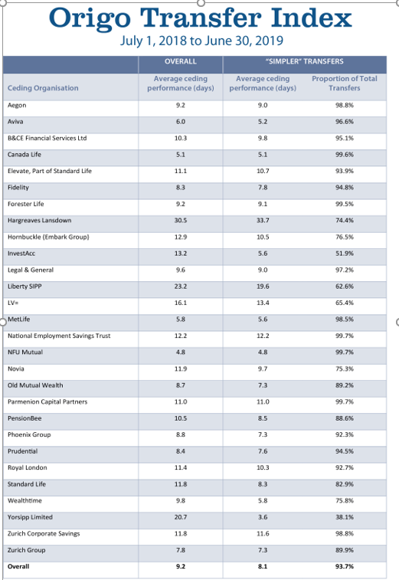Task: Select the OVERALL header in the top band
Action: [x=180, y=61]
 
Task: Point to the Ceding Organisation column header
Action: [x=43, y=88]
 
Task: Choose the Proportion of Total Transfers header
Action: [x=344, y=84]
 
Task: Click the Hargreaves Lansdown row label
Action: [x=38, y=220]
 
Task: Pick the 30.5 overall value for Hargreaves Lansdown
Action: [x=181, y=220]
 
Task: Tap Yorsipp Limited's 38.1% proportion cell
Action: [x=344, y=517]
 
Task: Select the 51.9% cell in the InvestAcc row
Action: [x=344, y=253]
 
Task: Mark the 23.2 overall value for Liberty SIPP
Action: [x=181, y=286]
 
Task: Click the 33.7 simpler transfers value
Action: [x=263, y=220]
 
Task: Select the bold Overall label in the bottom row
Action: [x=19, y=567]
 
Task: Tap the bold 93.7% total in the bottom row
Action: [x=344, y=567]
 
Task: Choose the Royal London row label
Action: [x=28, y=467]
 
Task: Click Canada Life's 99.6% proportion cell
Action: [x=344, y=154]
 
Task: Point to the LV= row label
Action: [x=13, y=303]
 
